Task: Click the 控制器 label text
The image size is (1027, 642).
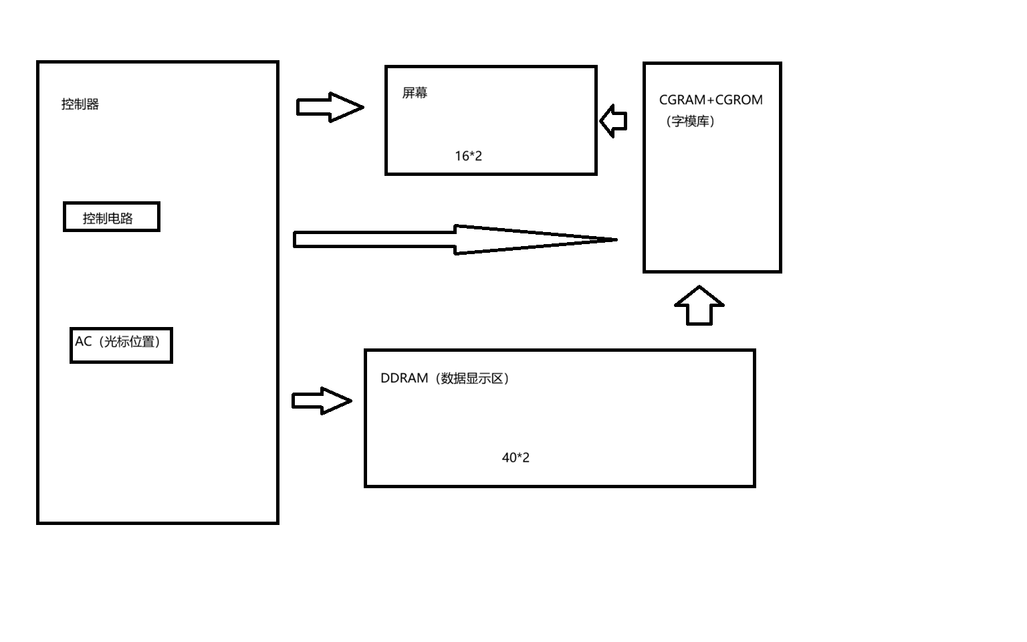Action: (80, 104)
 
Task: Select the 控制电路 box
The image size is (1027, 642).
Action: (112, 217)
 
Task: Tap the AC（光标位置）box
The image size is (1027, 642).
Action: (121, 345)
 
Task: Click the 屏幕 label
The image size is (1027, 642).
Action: (415, 93)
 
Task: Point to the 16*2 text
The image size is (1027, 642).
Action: (468, 156)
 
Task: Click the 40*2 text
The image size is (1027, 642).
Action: (516, 457)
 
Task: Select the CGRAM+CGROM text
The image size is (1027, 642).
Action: (711, 100)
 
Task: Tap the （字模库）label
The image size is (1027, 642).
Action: (691, 121)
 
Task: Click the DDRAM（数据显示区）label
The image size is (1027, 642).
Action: (445, 379)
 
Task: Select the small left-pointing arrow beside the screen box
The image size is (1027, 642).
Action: (613, 121)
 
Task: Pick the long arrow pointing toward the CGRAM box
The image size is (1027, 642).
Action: (455, 239)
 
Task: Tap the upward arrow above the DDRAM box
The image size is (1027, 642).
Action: (699, 306)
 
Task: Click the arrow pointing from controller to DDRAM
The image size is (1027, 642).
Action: (322, 401)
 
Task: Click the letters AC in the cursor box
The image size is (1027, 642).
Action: (83, 342)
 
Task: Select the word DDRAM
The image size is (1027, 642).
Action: (404, 379)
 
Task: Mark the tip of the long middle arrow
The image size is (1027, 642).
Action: (614, 239)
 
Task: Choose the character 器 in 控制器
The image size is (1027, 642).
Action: (93, 104)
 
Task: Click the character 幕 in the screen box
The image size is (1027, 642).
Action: (421, 93)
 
